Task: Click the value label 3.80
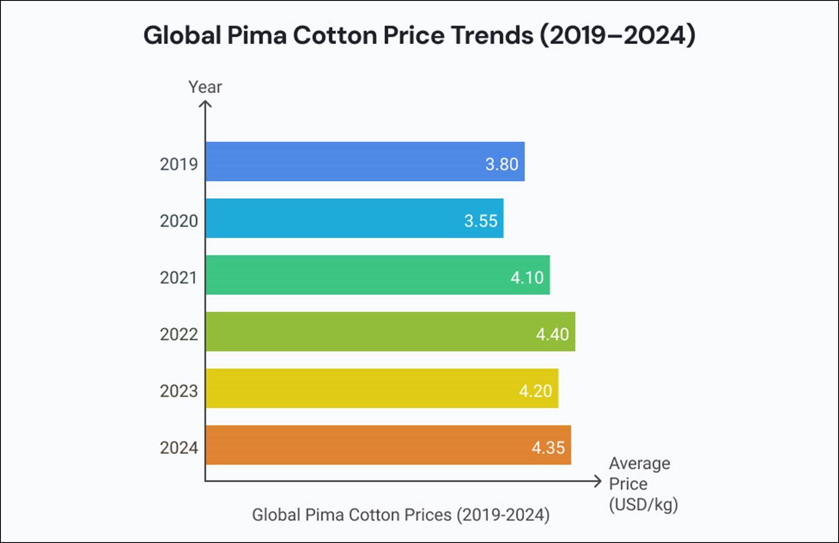502,164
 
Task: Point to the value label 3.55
480,221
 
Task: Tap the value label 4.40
552,334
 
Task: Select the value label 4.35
548,448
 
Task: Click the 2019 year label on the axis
179,164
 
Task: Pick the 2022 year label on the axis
179,334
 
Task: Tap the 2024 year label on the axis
179,448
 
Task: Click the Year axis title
205,87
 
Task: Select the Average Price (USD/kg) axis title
642,484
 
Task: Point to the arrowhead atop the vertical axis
205,104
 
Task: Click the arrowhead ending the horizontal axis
598,481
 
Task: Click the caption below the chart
400,515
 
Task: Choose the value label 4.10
527,278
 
